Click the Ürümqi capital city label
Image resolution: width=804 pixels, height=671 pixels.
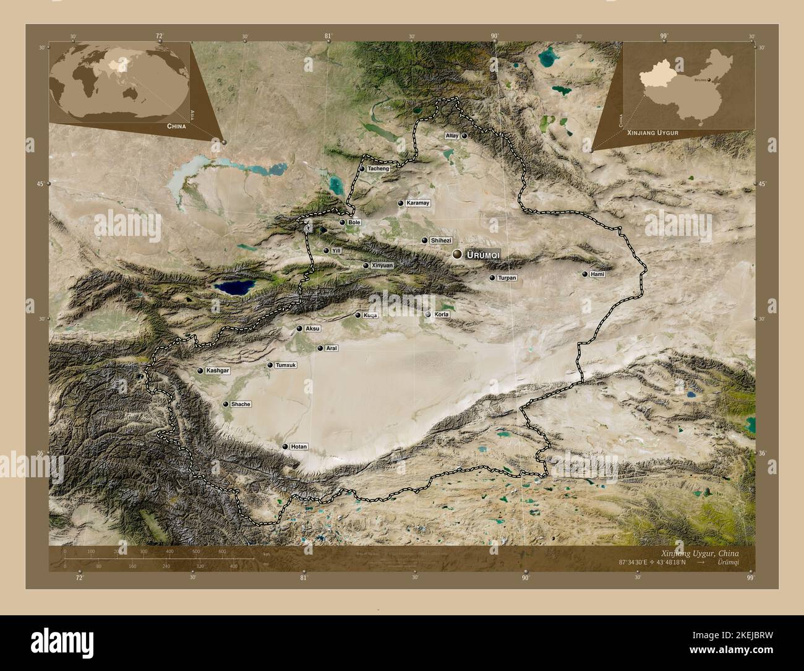point(483,254)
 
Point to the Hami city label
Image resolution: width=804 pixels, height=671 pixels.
point(597,274)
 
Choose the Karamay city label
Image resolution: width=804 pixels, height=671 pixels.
point(417,203)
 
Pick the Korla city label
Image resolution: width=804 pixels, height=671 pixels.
point(442,314)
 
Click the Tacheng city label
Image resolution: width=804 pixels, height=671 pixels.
point(378,168)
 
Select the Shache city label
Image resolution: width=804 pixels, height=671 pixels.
point(241,404)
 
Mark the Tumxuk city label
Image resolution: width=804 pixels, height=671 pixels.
point(286,365)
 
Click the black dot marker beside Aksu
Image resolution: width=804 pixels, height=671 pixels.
point(299,329)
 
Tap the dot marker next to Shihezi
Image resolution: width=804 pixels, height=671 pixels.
point(424,240)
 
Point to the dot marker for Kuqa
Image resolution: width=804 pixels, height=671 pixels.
point(357,315)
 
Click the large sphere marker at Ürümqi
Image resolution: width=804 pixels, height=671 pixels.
point(457,254)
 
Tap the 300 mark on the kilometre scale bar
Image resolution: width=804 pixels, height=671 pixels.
point(143,552)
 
